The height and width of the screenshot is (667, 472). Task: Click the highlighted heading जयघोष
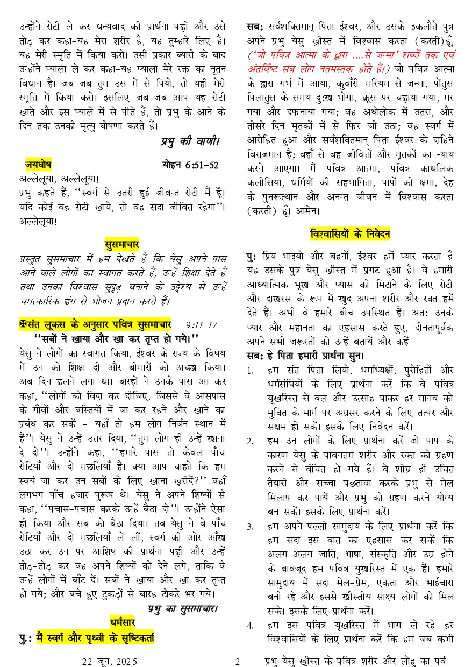pyautogui.click(x=38, y=165)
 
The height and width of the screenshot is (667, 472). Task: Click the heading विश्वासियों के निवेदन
pyautogui.click(x=350, y=235)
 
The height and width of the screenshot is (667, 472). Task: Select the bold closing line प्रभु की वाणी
pyautogui.click(x=190, y=142)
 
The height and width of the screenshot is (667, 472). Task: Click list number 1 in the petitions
pyautogui.click(x=250, y=371)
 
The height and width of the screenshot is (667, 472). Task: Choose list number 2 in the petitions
pyautogui.click(x=250, y=442)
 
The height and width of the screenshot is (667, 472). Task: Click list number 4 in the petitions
pyautogui.click(x=250, y=626)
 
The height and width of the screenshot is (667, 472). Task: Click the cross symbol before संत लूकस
pyautogui.click(x=22, y=324)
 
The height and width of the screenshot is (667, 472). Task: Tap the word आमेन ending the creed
pyautogui.click(x=308, y=210)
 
